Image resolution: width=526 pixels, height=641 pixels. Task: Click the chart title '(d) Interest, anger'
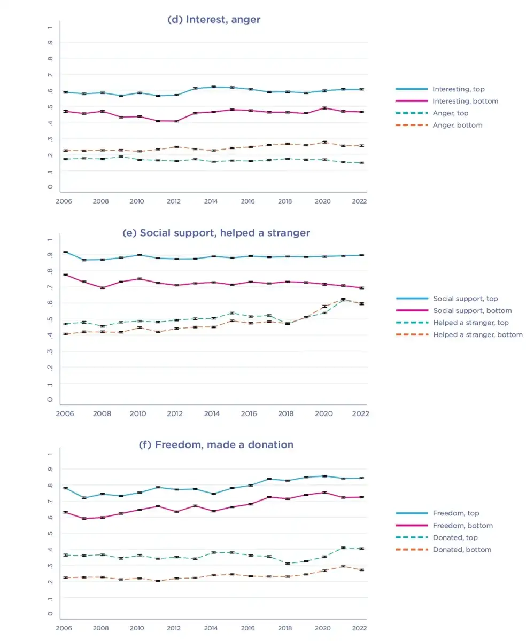(214, 19)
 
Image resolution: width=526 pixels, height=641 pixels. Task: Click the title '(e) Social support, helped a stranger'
(216, 233)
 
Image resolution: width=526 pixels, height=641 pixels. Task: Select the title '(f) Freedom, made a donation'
(216, 444)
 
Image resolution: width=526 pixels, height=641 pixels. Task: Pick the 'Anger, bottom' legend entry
(439, 125)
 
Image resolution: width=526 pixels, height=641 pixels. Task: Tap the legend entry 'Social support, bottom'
(454, 311)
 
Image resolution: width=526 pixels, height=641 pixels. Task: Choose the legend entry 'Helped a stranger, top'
(452, 323)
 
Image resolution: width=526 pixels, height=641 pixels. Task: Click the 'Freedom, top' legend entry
(437, 513)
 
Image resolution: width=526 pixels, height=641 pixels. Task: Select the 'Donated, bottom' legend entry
(443, 550)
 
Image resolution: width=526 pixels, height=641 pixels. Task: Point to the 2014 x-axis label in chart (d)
(211, 201)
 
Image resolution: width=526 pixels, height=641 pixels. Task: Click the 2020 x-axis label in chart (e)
(324, 413)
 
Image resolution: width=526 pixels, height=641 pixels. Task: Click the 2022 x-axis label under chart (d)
(359, 201)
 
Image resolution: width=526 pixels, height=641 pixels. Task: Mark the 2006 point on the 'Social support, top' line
(65, 252)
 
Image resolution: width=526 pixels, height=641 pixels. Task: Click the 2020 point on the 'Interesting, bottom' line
(324, 108)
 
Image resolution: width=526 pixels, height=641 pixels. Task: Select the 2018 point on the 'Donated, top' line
(288, 564)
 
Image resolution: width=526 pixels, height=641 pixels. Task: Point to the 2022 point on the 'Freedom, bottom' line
(361, 497)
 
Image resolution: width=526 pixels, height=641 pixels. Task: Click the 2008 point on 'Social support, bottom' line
(103, 287)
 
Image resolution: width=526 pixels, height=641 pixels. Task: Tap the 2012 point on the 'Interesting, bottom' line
(177, 121)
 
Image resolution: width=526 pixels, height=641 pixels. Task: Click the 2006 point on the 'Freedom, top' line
(65, 488)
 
